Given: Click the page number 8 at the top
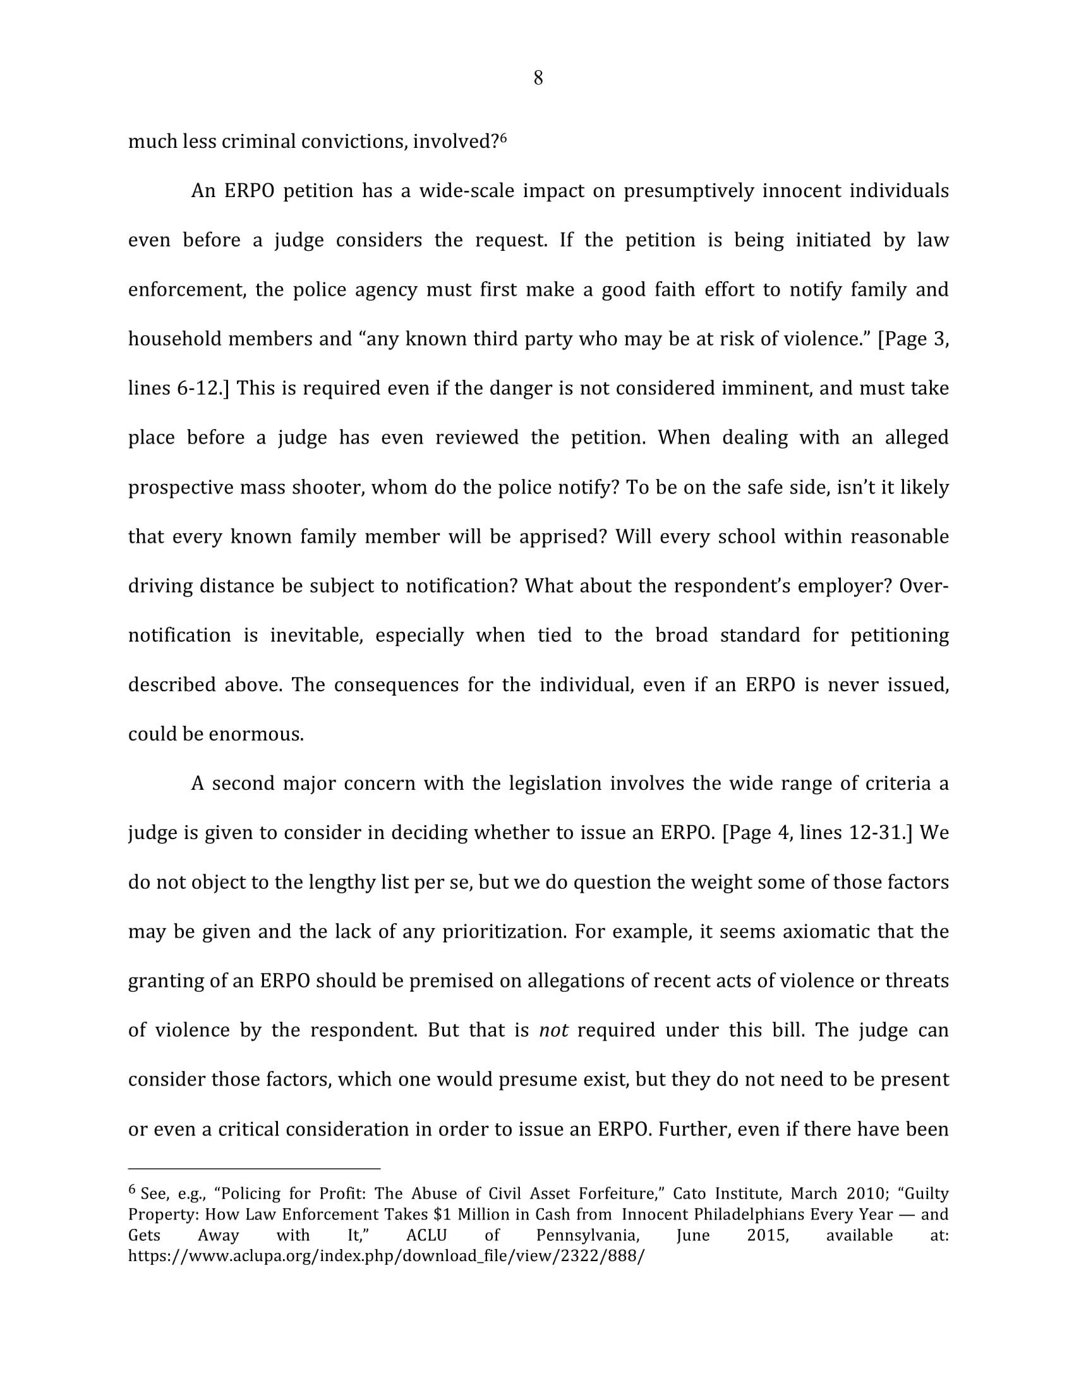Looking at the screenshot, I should point(538,78).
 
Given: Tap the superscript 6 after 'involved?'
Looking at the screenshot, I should point(503,137).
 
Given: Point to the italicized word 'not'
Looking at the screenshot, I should point(553,1030).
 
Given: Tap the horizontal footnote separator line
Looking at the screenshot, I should point(254,1169).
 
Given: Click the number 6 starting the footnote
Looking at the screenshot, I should point(132,1189).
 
